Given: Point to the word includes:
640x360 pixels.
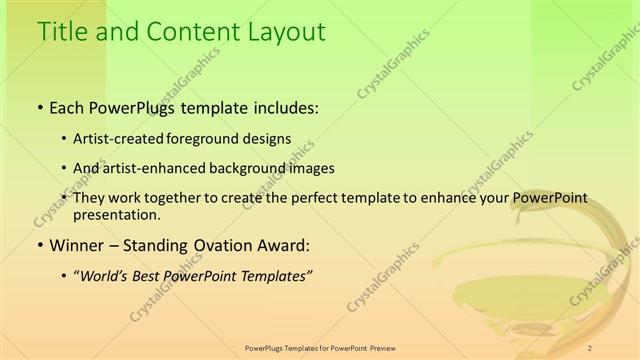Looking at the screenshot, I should click(x=285, y=107).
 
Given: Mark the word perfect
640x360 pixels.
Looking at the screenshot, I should click(x=299, y=198).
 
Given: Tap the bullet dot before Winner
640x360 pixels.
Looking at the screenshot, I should click(x=39, y=245).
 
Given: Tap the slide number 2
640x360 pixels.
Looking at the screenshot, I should click(x=590, y=347).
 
